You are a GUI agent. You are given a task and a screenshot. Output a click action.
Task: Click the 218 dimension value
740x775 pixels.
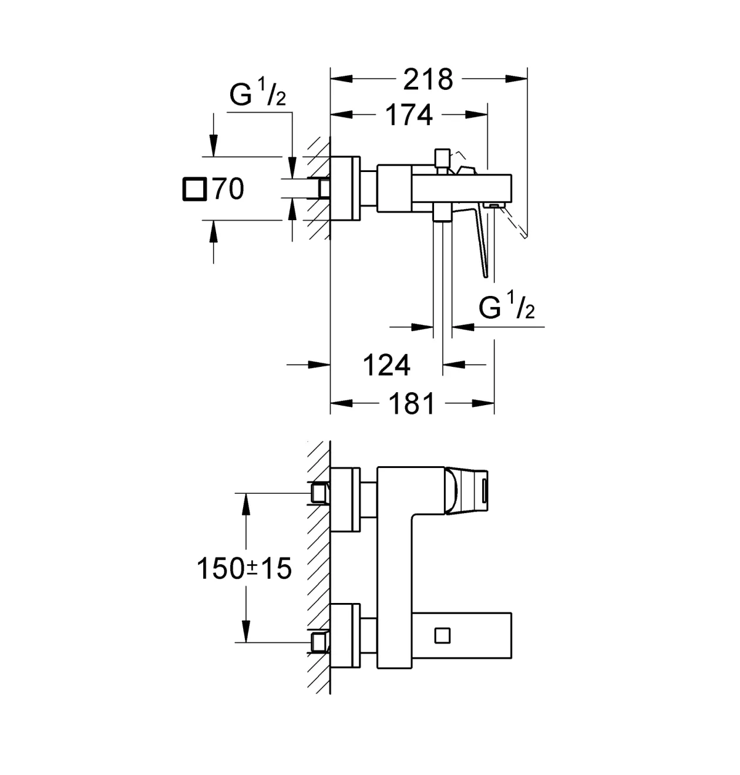click(x=428, y=79)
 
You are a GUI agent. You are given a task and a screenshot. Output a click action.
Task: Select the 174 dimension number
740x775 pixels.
click(x=409, y=114)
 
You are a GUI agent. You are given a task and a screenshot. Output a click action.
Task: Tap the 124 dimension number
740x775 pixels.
click(x=386, y=365)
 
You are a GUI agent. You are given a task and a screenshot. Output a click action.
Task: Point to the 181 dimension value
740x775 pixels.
click(x=412, y=403)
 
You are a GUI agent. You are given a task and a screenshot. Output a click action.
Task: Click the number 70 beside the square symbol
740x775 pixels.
click(x=228, y=189)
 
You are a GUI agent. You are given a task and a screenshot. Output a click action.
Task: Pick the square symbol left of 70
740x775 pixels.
click(x=195, y=189)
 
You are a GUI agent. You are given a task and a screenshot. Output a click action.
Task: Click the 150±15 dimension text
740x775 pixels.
click(x=244, y=568)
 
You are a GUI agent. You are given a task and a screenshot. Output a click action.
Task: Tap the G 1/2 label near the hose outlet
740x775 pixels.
click(x=506, y=305)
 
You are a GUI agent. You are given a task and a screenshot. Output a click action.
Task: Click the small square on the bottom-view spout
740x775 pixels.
click(x=442, y=635)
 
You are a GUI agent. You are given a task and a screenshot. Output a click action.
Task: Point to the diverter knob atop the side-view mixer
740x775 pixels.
click(x=442, y=161)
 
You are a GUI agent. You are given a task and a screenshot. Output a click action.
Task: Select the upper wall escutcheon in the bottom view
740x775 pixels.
click(x=345, y=499)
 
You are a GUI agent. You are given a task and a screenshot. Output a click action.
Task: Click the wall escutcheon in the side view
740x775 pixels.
click(x=345, y=188)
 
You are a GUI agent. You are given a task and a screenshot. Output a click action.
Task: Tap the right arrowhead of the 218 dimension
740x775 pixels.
click(x=516, y=79)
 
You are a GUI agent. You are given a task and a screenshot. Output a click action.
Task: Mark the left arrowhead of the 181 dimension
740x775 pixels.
click(x=341, y=403)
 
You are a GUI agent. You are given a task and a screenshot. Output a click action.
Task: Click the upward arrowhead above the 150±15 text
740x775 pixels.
click(x=245, y=504)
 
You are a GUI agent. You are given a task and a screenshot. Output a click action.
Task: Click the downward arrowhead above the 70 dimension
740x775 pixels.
click(x=213, y=146)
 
